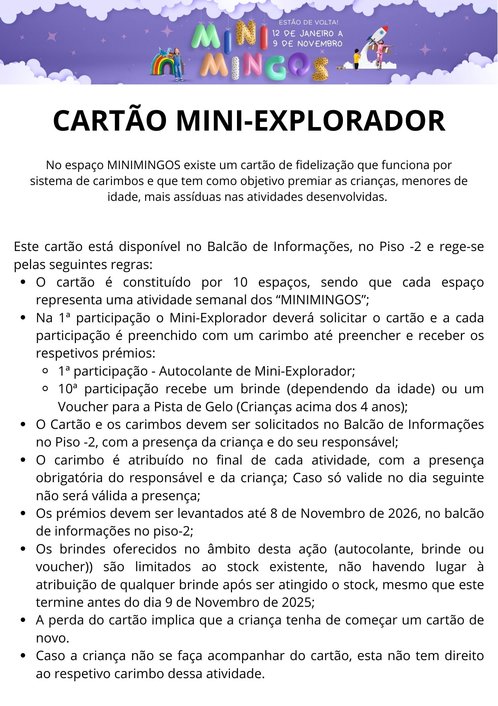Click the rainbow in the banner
click(163, 64)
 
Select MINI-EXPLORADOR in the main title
click(310, 121)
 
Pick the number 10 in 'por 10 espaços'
click(241, 282)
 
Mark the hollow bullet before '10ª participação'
click(45, 389)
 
